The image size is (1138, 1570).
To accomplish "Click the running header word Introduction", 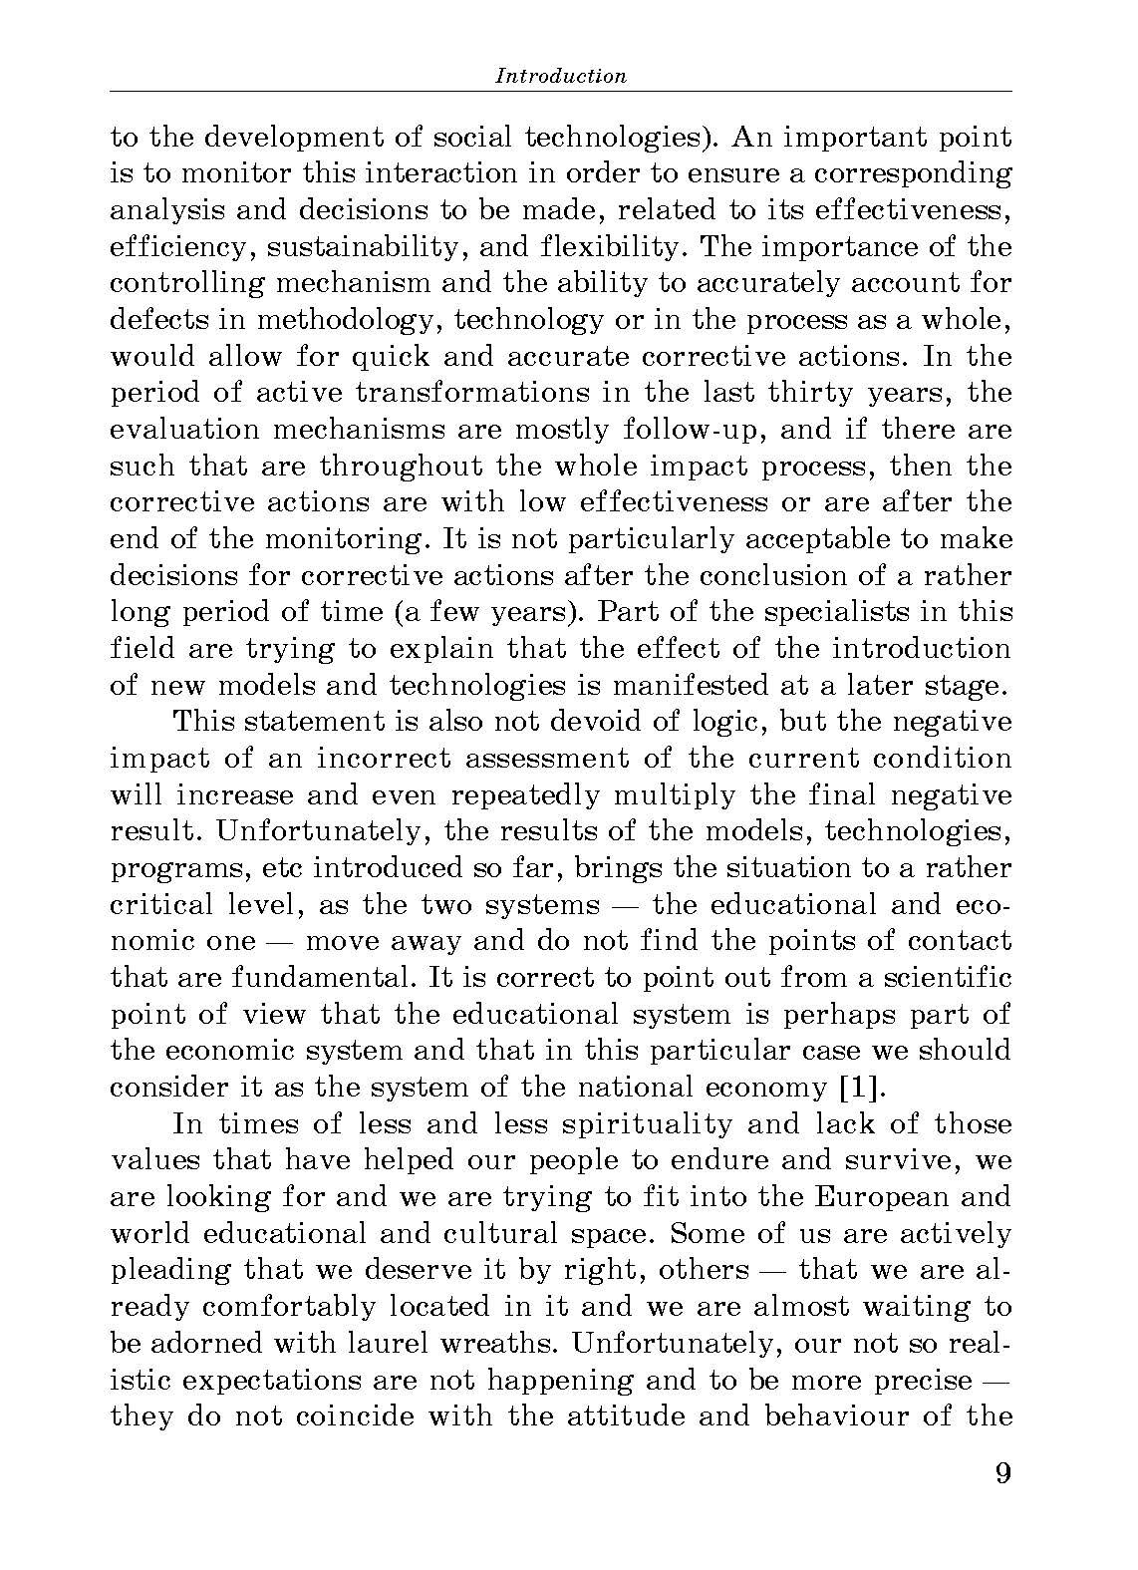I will pyautogui.click(x=561, y=76).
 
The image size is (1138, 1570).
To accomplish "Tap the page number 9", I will pyautogui.click(x=1002, y=1472).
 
